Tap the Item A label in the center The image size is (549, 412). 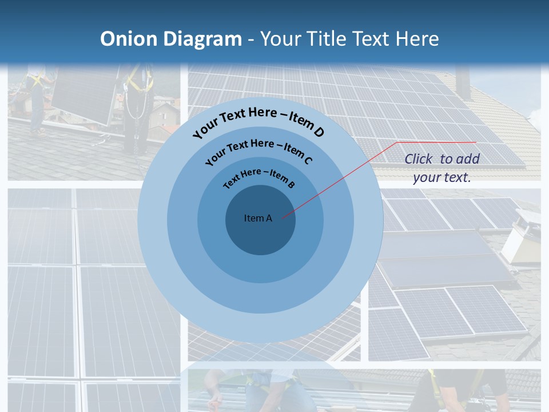[x=258, y=218]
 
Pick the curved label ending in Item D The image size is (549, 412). [x=258, y=121]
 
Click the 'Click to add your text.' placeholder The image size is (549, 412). [x=442, y=168]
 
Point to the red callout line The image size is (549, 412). [x=343, y=178]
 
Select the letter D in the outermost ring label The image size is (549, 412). [x=318, y=133]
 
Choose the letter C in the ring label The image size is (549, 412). [x=307, y=160]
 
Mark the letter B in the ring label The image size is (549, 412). [x=291, y=184]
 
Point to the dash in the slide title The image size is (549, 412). [x=251, y=39]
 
